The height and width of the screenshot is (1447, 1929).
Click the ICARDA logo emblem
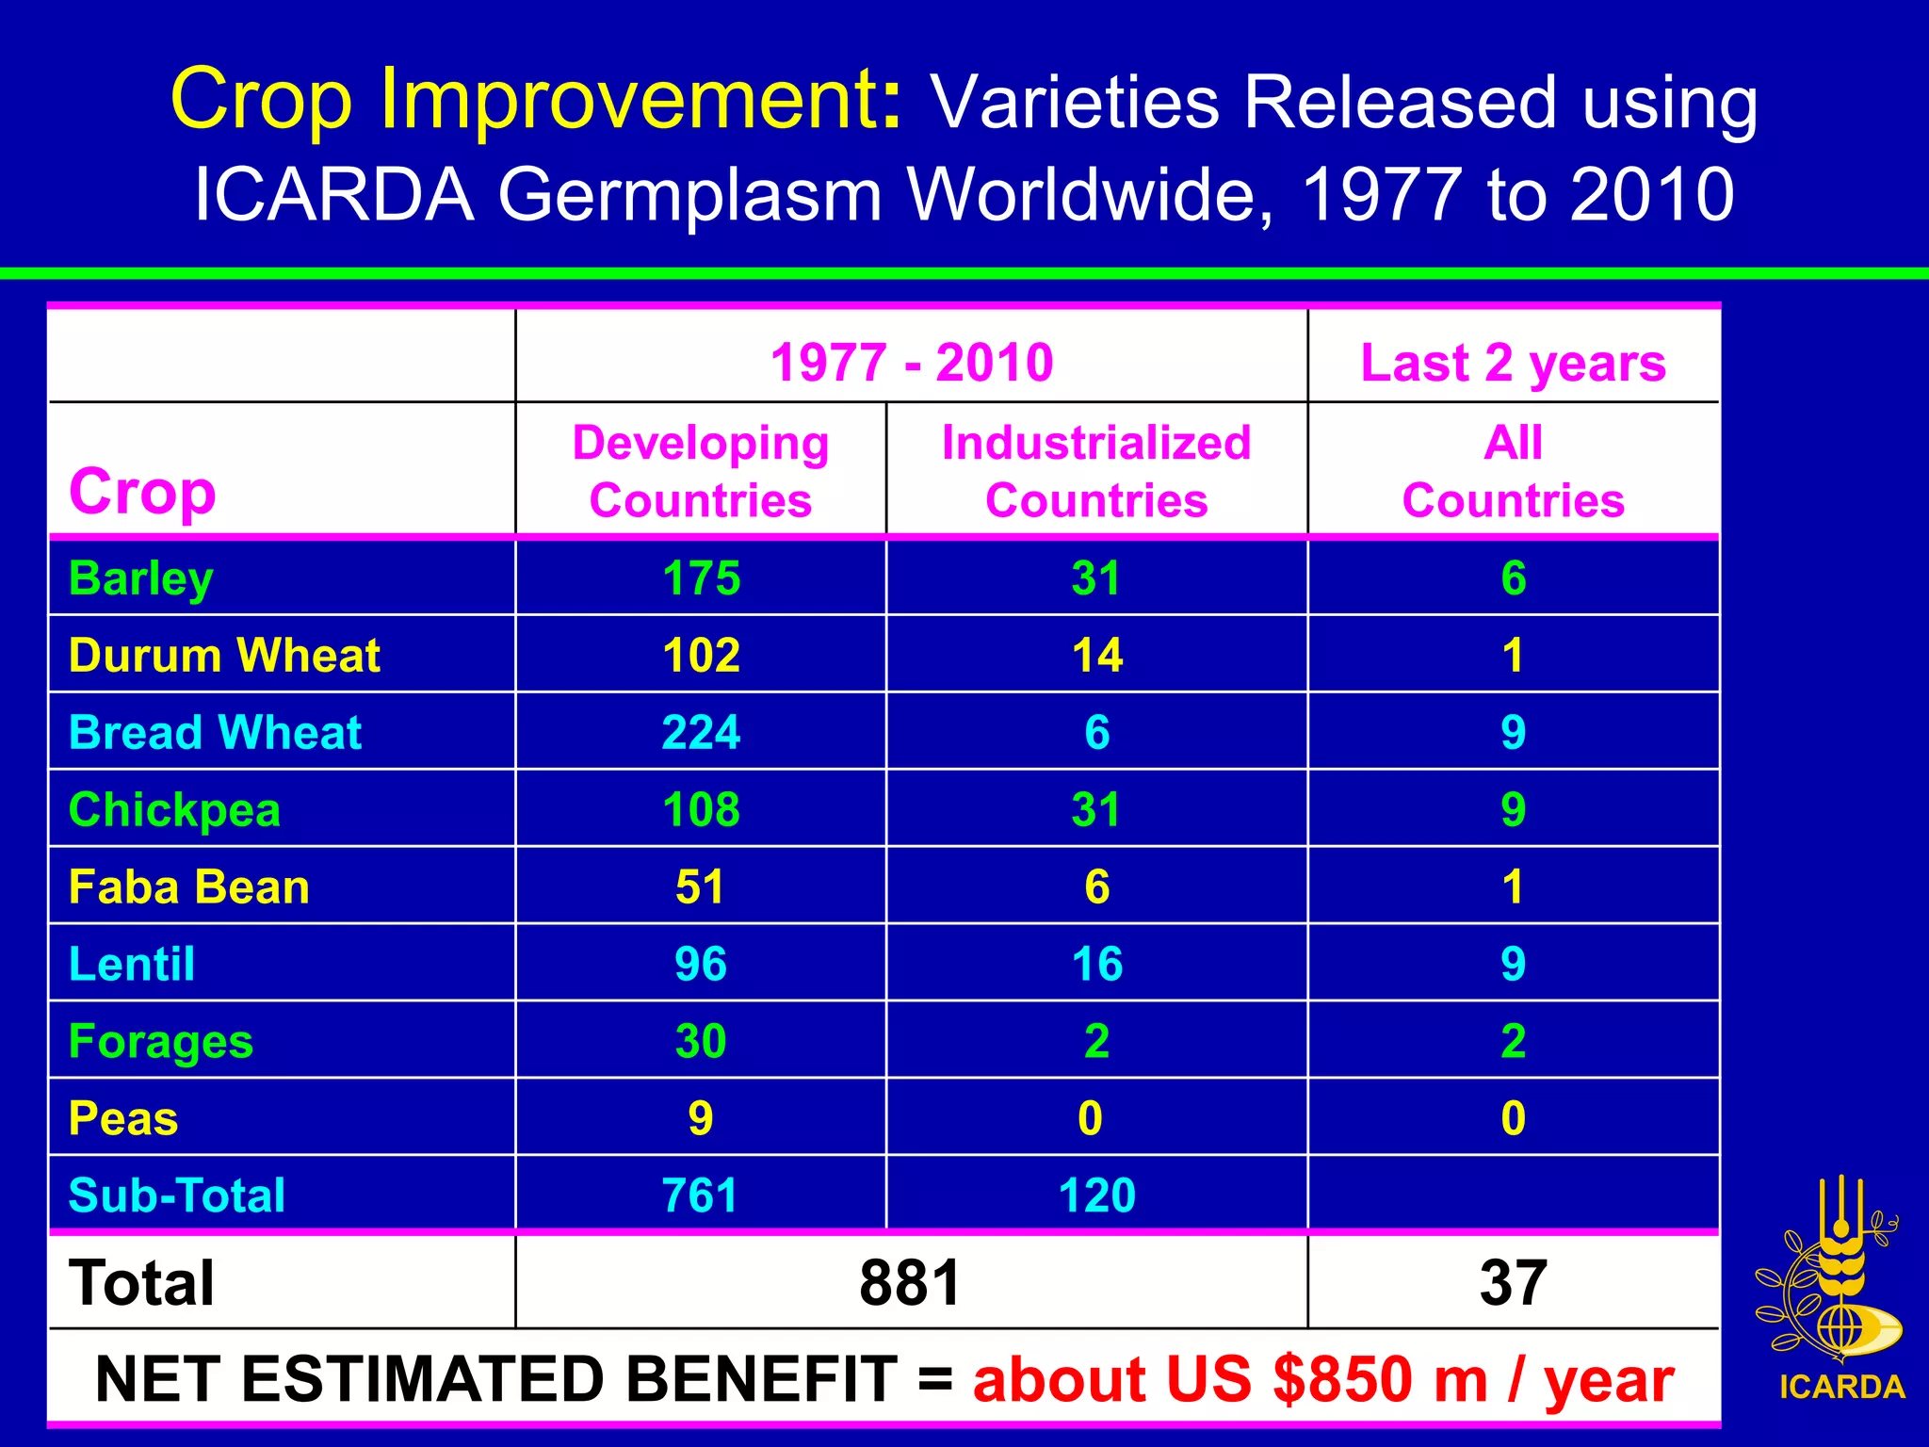point(1831,1272)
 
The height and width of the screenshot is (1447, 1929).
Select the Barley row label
point(141,578)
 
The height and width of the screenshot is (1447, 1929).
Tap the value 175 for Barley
point(701,578)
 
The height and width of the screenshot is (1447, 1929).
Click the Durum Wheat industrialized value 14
point(1096,656)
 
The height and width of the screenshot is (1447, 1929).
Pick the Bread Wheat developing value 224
point(701,733)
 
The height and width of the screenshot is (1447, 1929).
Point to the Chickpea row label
point(175,810)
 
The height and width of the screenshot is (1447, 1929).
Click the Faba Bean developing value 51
point(701,887)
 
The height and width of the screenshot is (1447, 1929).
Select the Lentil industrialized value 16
point(1096,965)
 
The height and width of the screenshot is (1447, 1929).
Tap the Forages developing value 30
point(701,1042)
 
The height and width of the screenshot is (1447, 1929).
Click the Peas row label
point(123,1119)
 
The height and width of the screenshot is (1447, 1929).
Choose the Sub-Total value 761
point(701,1195)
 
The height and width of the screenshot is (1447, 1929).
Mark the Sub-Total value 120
point(1096,1195)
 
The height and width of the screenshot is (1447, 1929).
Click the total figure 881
point(910,1283)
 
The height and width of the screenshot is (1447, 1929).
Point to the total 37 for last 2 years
point(1513,1283)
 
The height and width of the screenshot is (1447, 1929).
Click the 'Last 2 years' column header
point(1513,363)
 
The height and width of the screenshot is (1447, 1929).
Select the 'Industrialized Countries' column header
point(1096,471)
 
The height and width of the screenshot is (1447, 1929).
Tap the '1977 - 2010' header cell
point(912,363)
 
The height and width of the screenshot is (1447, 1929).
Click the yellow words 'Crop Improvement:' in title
point(537,100)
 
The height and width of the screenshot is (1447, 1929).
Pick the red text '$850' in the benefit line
point(1341,1380)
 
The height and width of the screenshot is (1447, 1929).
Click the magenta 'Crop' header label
point(142,492)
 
